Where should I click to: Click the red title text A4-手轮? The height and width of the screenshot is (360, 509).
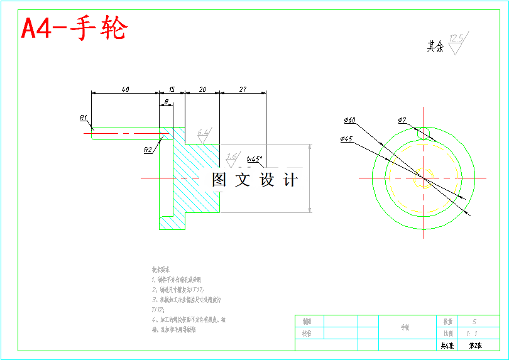[x=75, y=28]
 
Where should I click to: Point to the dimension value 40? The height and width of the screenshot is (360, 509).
[x=125, y=89]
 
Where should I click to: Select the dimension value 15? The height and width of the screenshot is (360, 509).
[x=172, y=89]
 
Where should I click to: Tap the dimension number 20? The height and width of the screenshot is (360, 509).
[x=202, y=89]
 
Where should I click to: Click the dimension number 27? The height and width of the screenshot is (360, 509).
[x=243, y=89]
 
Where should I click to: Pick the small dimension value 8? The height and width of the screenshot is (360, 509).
[x=166, y=101]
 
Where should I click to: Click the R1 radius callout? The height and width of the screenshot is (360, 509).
[x=84, y=117]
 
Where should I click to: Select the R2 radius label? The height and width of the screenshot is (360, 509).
[x=148, y=150]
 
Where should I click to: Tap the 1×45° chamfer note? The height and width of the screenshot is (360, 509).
[x=255, y=159]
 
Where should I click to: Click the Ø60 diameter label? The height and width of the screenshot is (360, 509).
[x=349, y=120]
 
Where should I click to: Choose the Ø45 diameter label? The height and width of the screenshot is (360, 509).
[x=346, y=139]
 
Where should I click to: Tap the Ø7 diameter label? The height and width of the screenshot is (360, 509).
[x=402, y=120]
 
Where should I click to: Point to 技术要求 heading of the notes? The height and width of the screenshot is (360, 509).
[x=160, y=268]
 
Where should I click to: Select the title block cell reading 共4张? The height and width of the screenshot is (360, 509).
[x=446, y=345]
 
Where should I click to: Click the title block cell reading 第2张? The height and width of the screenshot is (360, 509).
[x=474, y=345]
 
